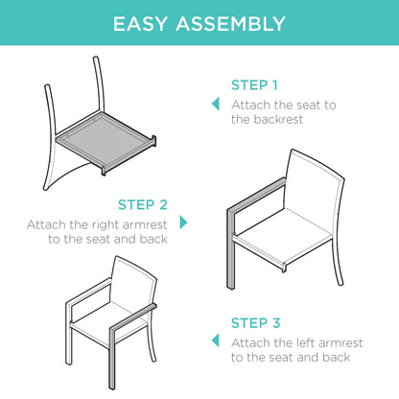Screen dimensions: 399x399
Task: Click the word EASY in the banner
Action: click(x=140, y=24)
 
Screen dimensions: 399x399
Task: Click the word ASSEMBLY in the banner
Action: click(x=230, y=24)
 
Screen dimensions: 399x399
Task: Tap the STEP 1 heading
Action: click(x=254, y=85)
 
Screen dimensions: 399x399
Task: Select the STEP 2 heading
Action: click(x=143, y=204)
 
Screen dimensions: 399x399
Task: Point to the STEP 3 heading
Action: click(x=256, y=323)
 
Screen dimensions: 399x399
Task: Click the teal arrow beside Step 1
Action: click(x=216, y=104)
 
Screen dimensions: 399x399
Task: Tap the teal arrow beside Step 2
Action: click(x=183, y=223)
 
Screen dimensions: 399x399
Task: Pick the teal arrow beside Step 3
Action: click(x=216, y=340)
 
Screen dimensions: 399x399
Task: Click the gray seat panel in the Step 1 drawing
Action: click(x=104, y=138)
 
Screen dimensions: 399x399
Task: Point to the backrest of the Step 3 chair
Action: click(x=132, y=281)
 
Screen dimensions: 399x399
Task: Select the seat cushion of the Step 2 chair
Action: click(x=283, y=237)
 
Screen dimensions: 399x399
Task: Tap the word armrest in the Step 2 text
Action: click(x=145, y=225)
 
